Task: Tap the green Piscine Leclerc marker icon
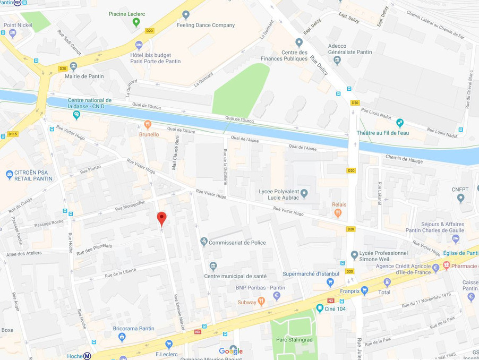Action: [x=136, y=22]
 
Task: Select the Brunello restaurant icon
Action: [x=148, y=125]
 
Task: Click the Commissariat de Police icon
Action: [x=204, y=242]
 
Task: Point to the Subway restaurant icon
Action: [x=261, y=302]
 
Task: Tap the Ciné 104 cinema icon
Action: [x=320, y=308]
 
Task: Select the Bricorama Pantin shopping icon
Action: [x=122, y=337]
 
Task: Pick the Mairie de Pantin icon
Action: [x=73, y=66]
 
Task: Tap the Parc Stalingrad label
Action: [x=294, y=339]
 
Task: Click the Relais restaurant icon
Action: [x=338, y=213]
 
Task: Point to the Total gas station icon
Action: [x=387, y=282]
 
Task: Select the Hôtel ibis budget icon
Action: [x=139, y=45]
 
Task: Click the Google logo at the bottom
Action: [x=231, y=351]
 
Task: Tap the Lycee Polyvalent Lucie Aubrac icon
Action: [x=304, y=193]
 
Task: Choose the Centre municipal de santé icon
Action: [x=213, y=266]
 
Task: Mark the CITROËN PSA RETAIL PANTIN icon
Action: [x=9, y=174]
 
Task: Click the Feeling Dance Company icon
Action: [x=185, y=15]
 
